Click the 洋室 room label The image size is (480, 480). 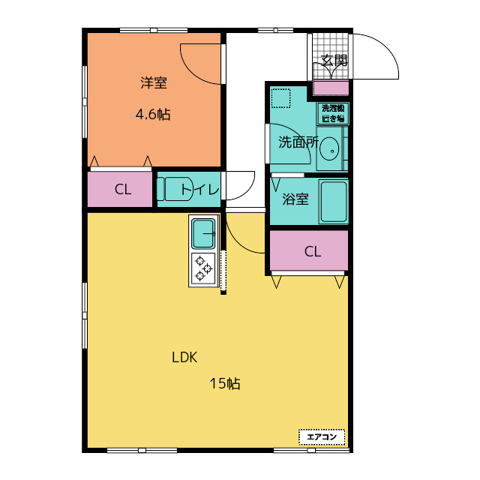click(x=154, y=82)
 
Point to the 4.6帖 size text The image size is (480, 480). click(x=153, y=115)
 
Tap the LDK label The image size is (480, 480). click(x=184, y=357)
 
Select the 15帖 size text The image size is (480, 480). click(x=225, y=383)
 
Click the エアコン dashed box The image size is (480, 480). click(x=322, y=436)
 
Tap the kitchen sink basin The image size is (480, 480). click(x=203, y=233)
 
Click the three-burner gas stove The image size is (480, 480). click(x=203, y=268)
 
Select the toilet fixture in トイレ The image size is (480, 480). click(x=175, y=189)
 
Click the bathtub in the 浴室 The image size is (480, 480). click(x=333, y=202)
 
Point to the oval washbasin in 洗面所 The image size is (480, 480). click(x=329, y=148)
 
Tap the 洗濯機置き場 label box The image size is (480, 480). click(x=333, y=113)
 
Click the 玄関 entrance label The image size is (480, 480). click(x=334, y=61)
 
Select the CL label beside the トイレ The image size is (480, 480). click(x=123, y=190)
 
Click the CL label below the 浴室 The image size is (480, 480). click(x=313, y=252)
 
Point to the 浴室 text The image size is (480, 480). click(x=295, y=199)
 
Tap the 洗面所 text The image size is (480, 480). click(x=298, y=142)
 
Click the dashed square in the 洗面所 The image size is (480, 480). click(x=280, y=98)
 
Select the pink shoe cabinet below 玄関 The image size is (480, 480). click(x=331, y=88)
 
